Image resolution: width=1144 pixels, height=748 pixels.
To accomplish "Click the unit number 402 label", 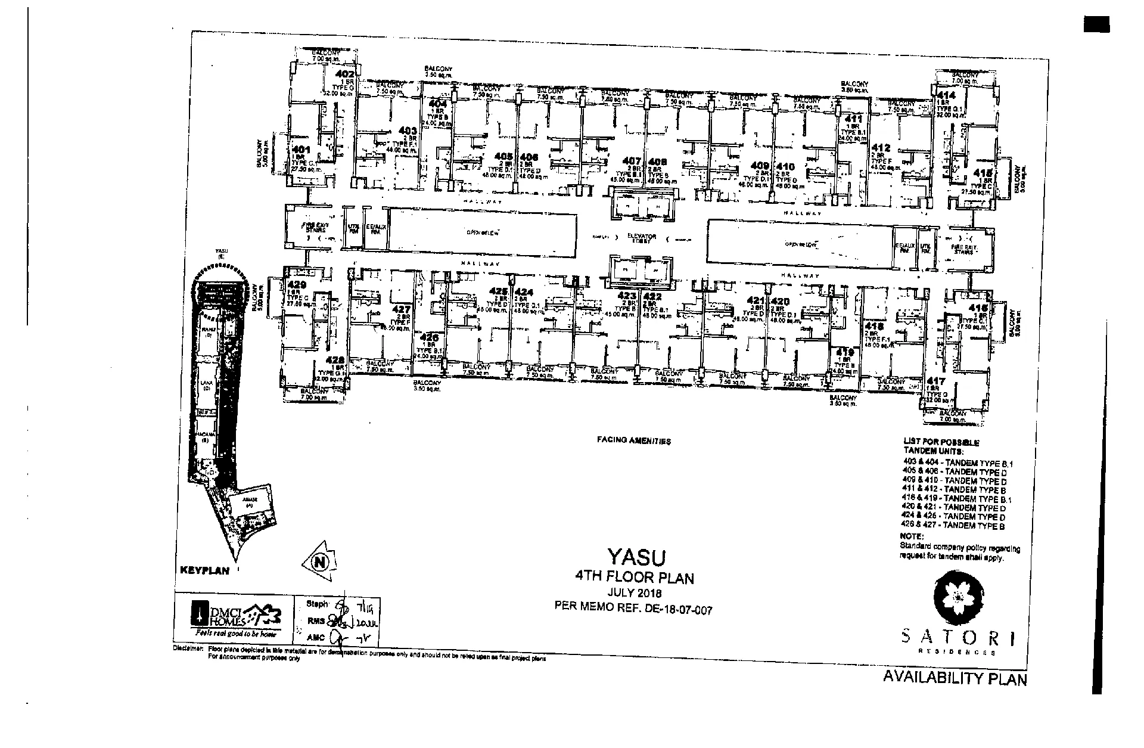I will pos(346,75).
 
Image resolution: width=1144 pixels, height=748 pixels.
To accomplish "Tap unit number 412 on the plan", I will pos(881,148).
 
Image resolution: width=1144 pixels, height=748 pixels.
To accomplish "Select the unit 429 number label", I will pos(296,284).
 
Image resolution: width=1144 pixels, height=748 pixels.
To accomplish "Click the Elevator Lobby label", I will pos(642,237).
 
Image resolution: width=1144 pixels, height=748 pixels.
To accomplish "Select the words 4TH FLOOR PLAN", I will pos(634,577).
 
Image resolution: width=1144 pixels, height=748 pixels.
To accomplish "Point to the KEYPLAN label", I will pos(204,570).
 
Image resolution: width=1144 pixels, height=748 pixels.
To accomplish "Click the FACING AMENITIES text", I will pos(634,441).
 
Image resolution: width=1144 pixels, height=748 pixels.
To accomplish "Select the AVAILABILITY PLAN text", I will pos(955,678).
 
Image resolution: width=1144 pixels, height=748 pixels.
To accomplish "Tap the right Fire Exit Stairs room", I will pos(964,248).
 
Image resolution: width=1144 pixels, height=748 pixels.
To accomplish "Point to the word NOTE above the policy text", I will pos(911,537).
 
